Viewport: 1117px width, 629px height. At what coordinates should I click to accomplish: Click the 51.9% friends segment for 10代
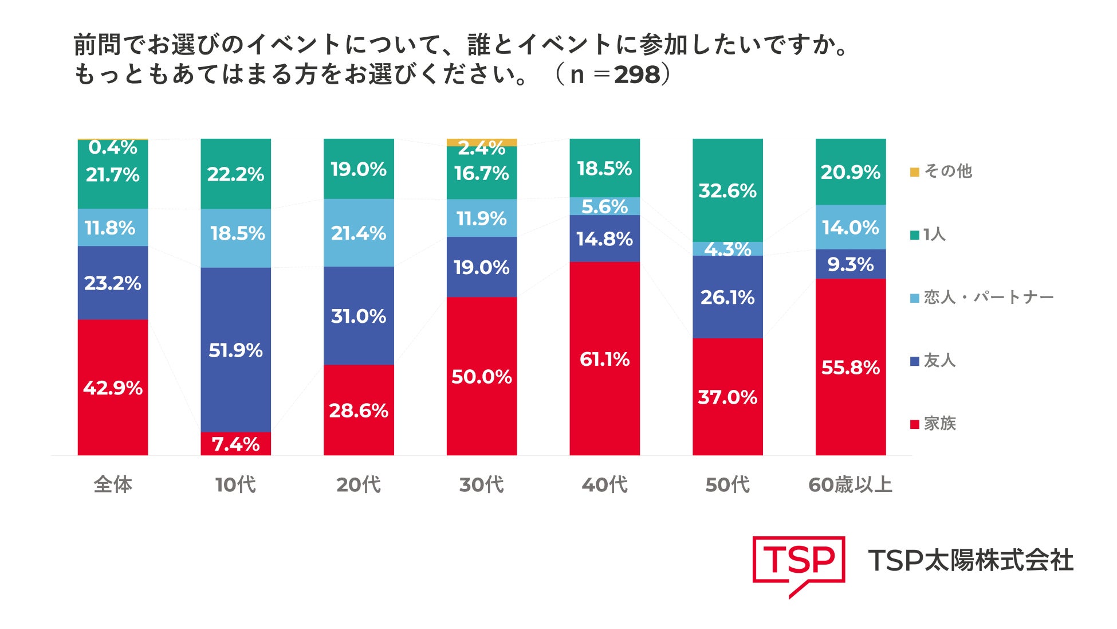pos(235,350)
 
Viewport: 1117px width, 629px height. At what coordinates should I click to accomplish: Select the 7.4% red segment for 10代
pos(235,444)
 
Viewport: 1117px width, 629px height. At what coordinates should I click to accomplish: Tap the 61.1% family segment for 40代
pos(604,358)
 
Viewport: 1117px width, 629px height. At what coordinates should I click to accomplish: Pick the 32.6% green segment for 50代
pos(727,190)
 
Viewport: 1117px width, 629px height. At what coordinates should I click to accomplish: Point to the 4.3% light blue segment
pos(727,249)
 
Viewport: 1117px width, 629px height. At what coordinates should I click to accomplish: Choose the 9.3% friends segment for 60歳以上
pos(851,264)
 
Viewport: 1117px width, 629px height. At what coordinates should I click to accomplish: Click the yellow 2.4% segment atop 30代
pos(482,142)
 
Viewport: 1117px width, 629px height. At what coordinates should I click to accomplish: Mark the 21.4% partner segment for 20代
pos(359,233)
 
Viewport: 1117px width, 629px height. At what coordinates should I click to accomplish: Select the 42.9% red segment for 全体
pos(113,387)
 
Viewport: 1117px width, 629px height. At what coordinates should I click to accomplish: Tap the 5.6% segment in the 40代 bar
pos(604,206)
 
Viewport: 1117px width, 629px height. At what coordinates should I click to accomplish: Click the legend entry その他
pos(941,171)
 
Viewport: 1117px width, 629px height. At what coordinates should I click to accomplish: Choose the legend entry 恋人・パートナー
pos(982,298)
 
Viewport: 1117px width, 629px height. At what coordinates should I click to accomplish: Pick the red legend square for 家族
pos(915,424)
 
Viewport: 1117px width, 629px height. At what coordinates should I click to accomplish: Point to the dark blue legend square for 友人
pos(915,361)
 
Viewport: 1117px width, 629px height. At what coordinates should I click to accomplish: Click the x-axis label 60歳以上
pos(851,485)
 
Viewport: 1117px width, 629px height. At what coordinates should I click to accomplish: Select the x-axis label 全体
pos(113,485)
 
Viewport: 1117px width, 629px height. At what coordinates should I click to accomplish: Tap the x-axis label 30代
pos(482,485)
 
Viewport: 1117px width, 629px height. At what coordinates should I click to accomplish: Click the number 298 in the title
pos(637,75)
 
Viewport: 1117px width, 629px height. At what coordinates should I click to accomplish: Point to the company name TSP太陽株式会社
pos(971,560)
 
